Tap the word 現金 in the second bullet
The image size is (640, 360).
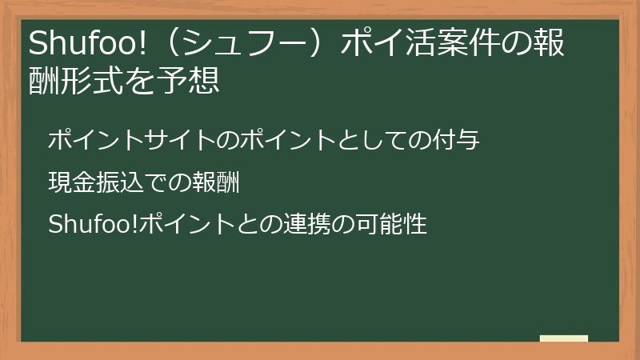71,183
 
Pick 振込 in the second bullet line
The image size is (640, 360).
118,183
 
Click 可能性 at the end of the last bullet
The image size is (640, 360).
392,225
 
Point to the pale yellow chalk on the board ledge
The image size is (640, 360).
564,338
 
